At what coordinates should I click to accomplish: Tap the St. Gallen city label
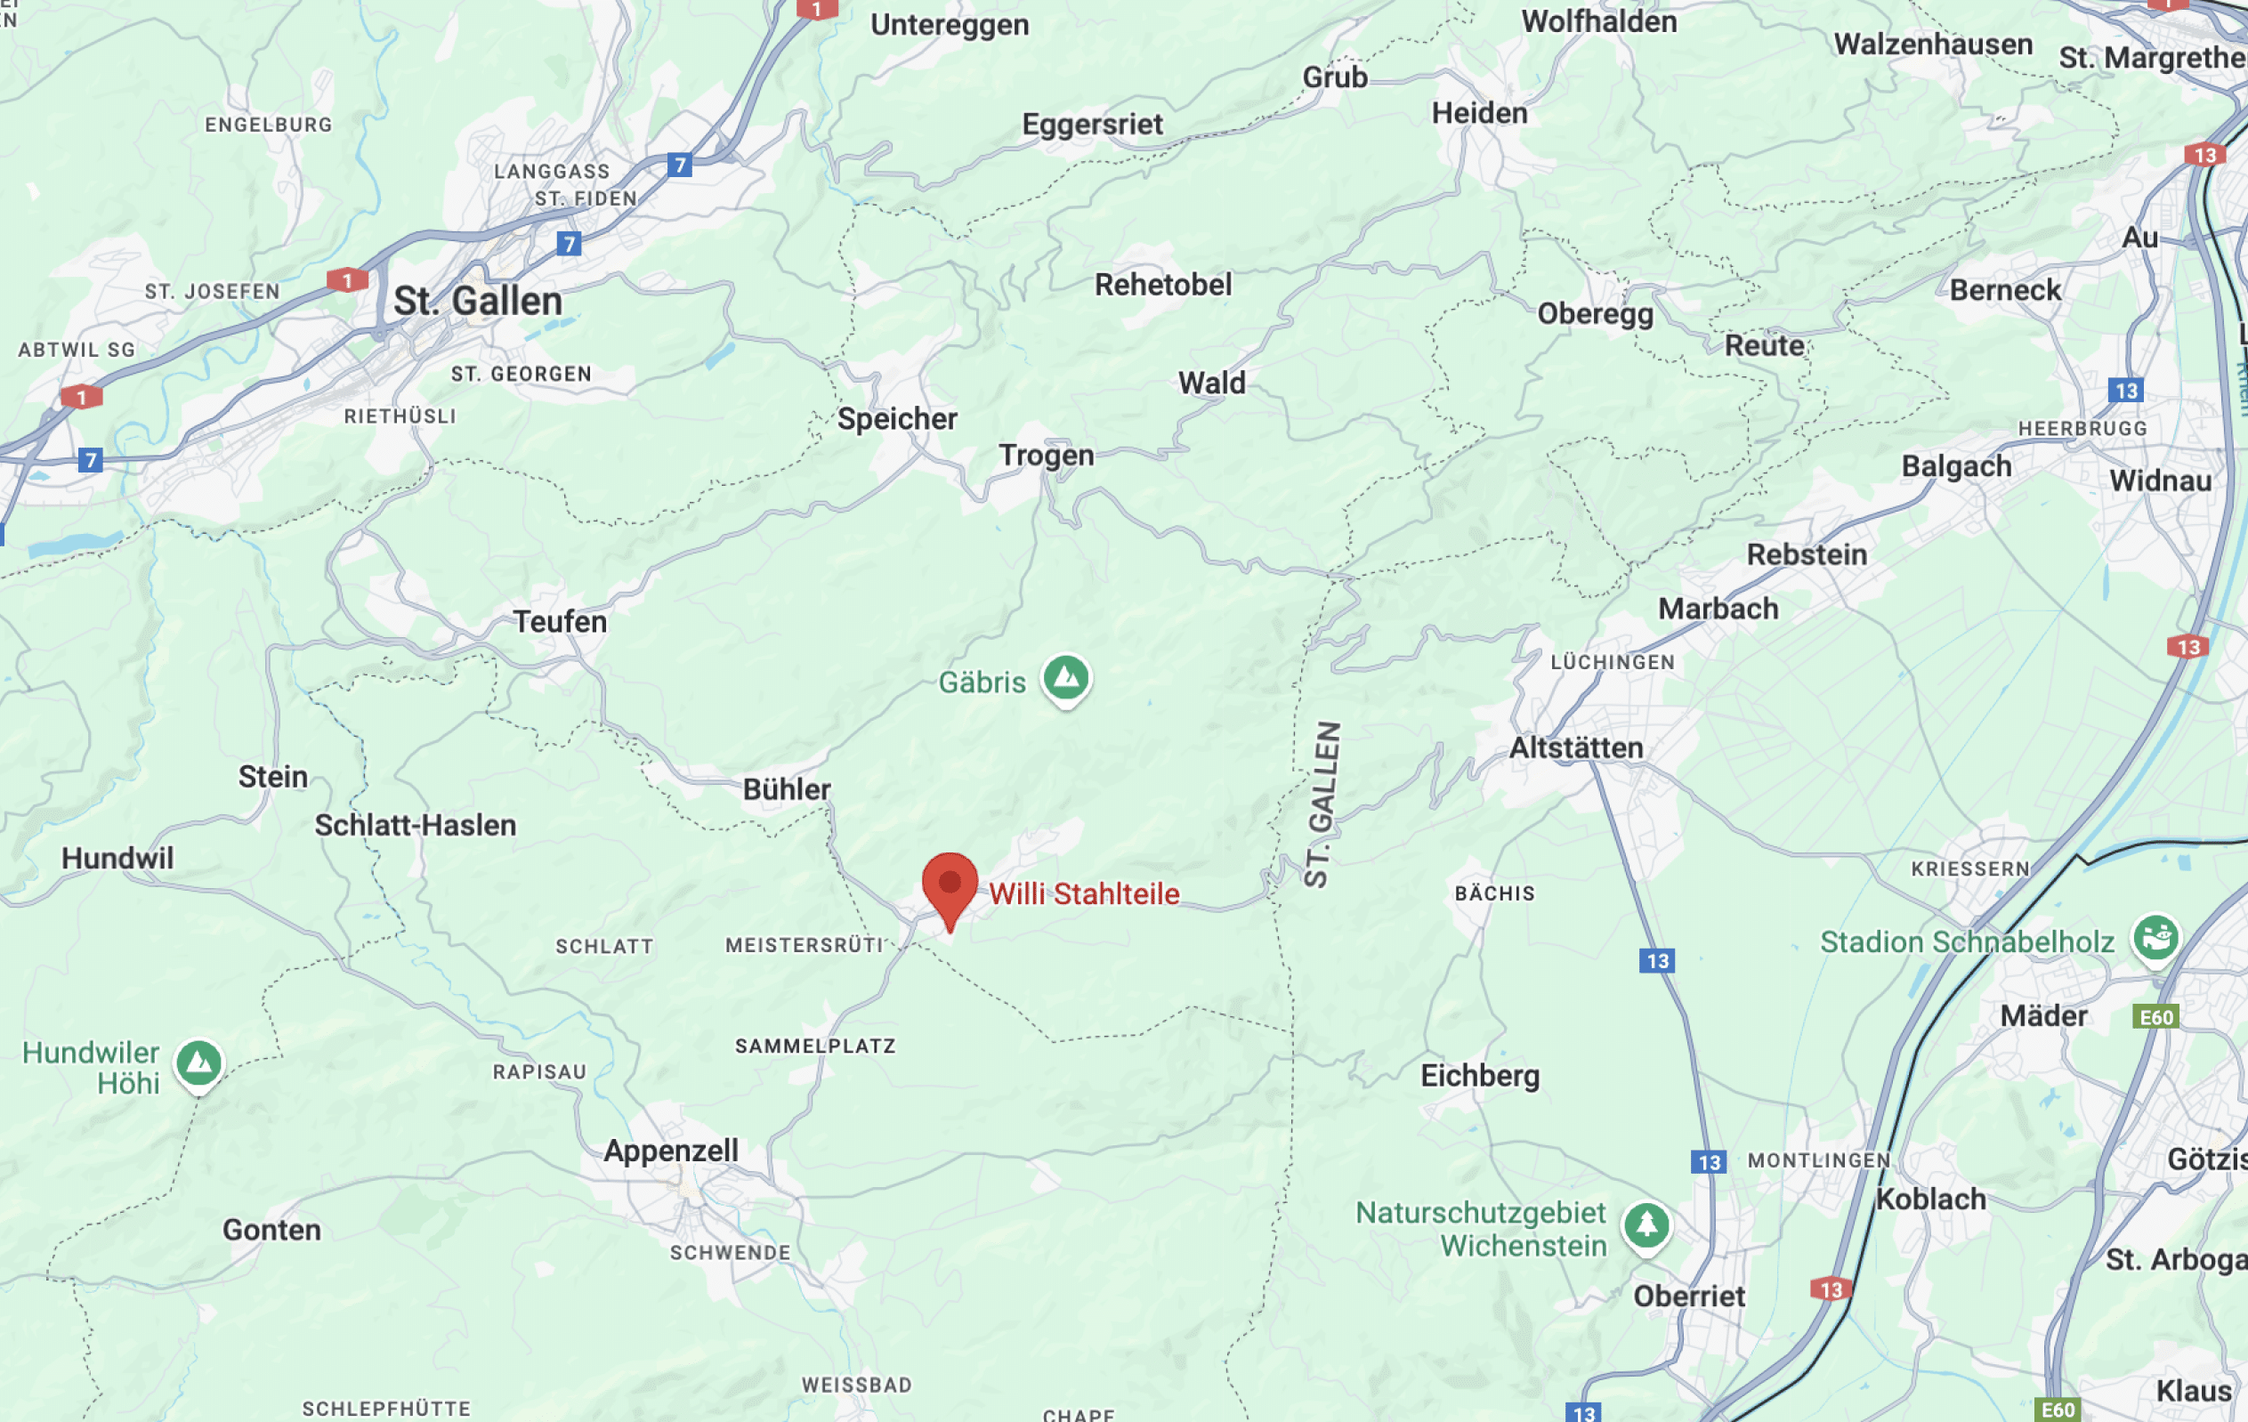point(477,302)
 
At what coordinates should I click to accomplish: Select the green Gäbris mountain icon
point(1066,677)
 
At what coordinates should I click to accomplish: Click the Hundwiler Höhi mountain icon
point(198,1063)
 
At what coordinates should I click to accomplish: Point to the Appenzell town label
point(670,1151)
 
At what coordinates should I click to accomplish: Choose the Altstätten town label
point(1576,747)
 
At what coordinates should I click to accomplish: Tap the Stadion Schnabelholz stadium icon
point(2155,937)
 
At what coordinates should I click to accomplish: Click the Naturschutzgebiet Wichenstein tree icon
point(1646,1225)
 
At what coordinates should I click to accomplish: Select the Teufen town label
point(560,622)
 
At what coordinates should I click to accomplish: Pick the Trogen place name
point(1046,456)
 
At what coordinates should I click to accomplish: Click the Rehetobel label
point(1163,285)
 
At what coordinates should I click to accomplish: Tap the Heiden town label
point(1480,114)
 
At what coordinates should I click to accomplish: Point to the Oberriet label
point(1689,1296)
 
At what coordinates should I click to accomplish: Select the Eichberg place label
point(1480,1076)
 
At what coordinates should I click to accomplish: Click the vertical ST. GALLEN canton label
point(1322,804)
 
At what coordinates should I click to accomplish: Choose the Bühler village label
point(786,790)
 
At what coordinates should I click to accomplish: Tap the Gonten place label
point(271,1230)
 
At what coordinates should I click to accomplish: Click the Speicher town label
point(897,419)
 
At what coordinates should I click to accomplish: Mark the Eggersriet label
point(1092,125)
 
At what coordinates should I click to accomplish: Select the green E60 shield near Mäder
point(2155,1017)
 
